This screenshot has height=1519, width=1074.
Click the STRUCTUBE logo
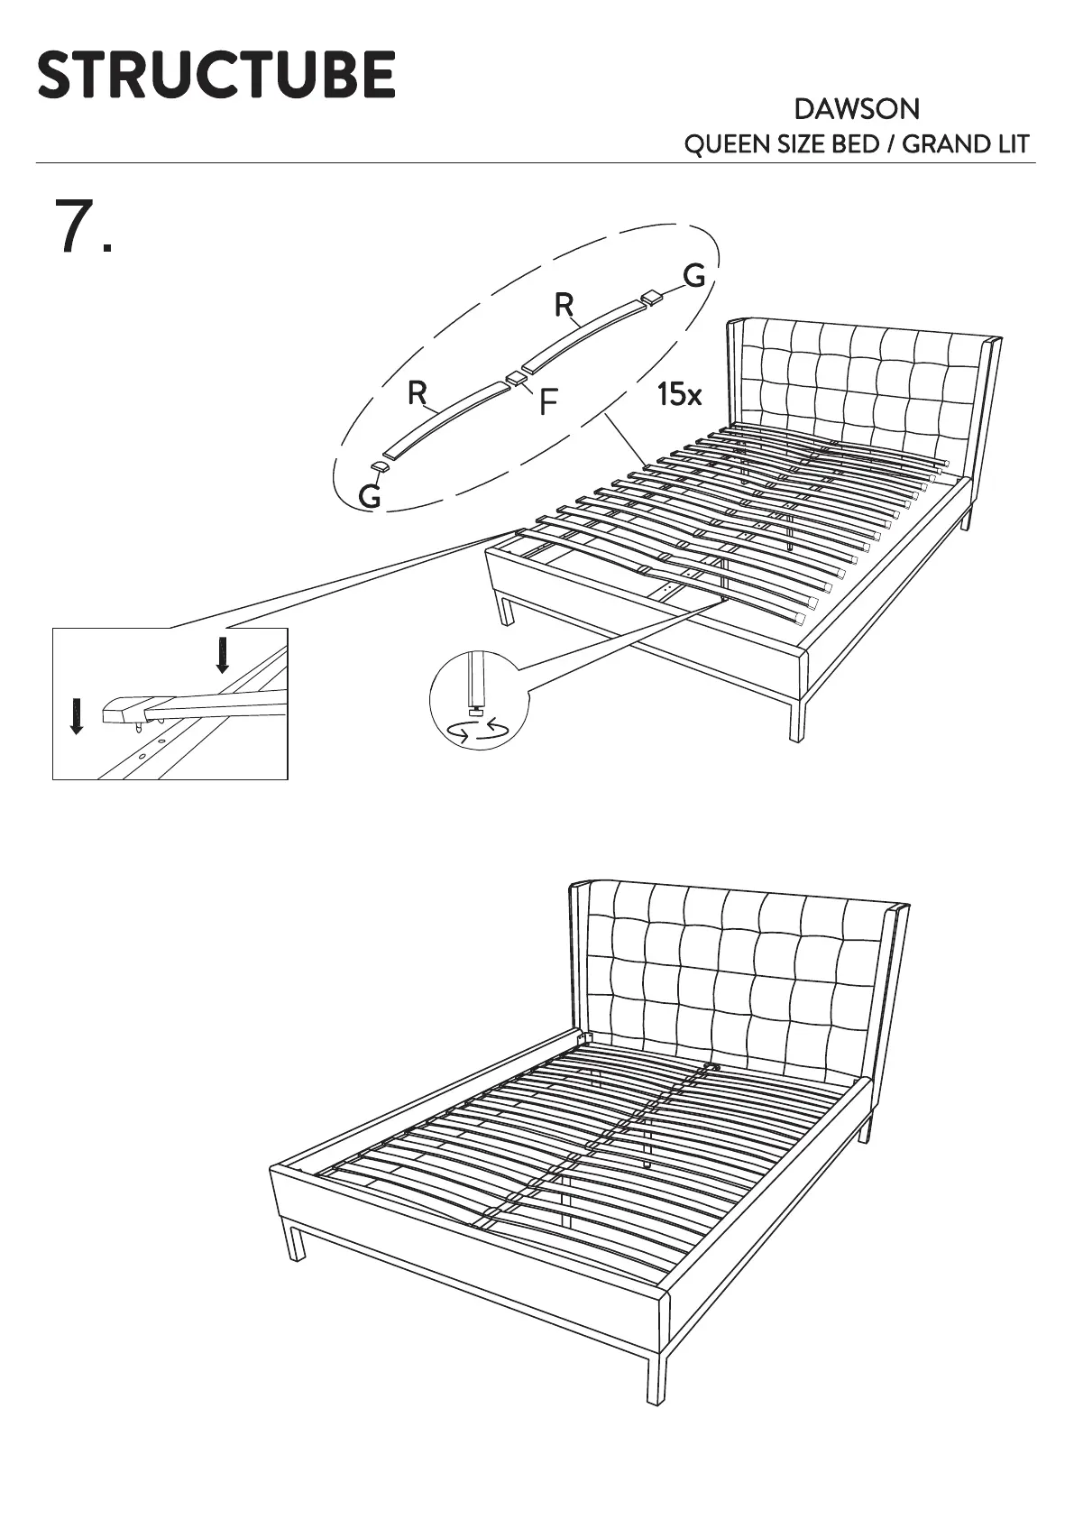pyautogui.click(x=216, y=75)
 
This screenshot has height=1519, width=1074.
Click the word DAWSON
pyautogui.click(x=857, y=110)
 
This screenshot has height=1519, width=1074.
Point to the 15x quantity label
pyautogui.click(x=679, y=394)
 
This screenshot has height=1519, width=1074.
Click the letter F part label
pyautogui.click(x=547, y=403)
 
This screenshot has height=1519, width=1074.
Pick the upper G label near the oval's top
pyautogui.click(x=693, y=276)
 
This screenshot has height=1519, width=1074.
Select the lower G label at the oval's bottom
pyautogui.click(x=370, y=495)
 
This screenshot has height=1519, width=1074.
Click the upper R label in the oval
pyautogui.click(x=565, y=307)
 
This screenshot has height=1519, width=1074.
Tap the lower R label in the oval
pyautogui.click(x=417, y=393)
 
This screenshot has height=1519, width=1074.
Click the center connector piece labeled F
pyautogui.click(x=515, y=378)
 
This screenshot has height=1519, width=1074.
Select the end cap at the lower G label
pyautogui.click(x=380, y=466)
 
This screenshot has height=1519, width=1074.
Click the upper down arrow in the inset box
pyautogui.click(x=222, y=655)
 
